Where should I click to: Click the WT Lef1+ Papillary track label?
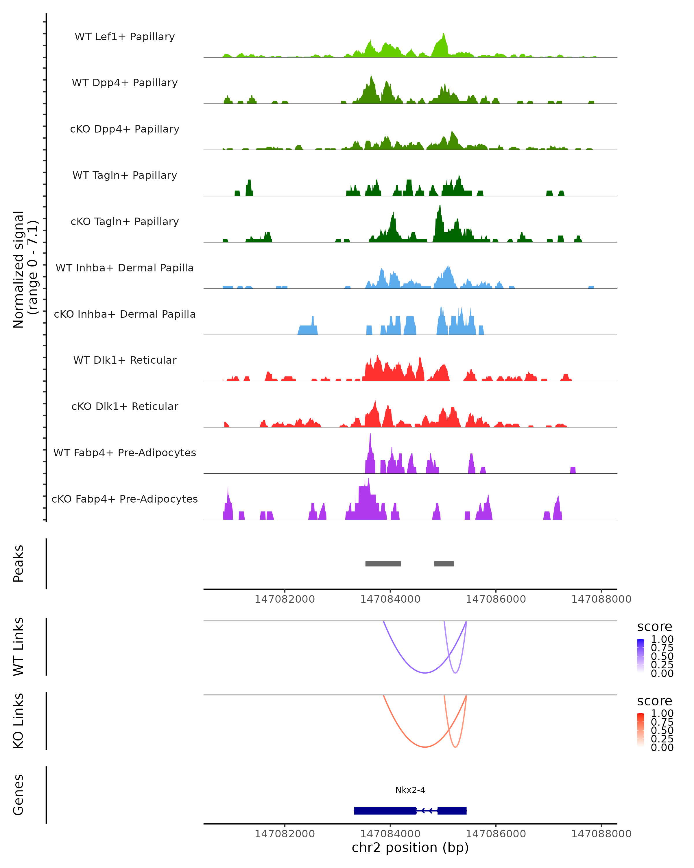point(125,37)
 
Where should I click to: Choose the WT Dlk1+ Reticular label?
point(125,360)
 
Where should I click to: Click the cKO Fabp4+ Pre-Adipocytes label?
point(125,499)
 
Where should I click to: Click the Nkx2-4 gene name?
point(410,790)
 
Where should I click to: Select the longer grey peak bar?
point(383,564)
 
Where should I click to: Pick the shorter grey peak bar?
point(444,564)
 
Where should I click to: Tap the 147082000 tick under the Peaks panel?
point(285,599)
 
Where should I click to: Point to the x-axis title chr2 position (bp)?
point(410,847)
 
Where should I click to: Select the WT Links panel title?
point(19,647)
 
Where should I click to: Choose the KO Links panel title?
point(19,721)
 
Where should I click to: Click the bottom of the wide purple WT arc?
point(425,673)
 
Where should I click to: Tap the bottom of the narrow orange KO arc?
point(455,747)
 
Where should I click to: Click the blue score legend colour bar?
point(641,656)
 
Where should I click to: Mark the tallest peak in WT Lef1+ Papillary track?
point(443,34)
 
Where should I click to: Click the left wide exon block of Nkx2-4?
point(385,810)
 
